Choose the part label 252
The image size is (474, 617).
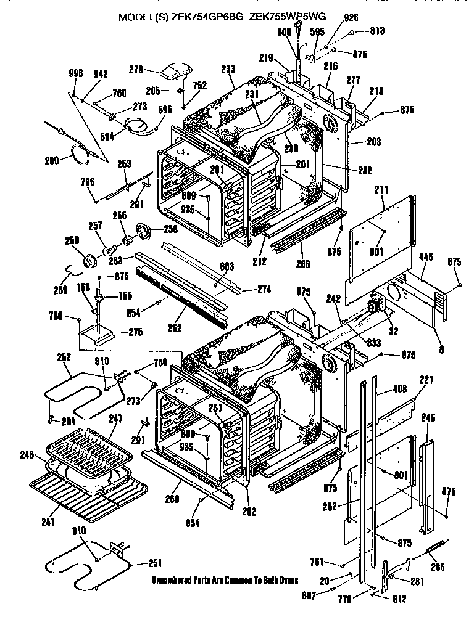tap(64, 357)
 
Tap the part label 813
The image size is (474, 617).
tap(376, 30)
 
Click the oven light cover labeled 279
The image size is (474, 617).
tap(174, 71)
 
